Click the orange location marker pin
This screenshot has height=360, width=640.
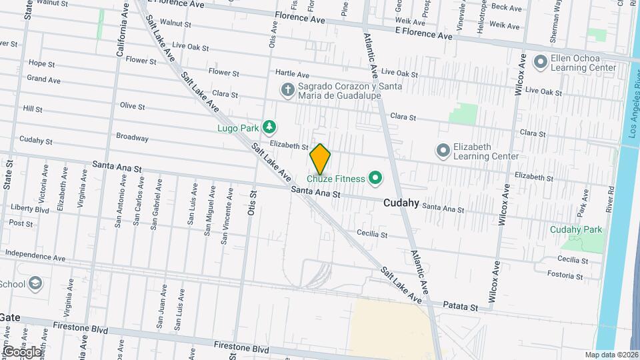tap(320, 159)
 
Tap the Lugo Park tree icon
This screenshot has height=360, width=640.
tap(269, 126)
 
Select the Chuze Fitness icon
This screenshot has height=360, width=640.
tap(375, 178)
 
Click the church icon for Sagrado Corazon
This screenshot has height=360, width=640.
tap(287, 89)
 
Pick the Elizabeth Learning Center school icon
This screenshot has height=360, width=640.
tap(443, 151)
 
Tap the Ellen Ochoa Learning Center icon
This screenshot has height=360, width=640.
tap(540, 63)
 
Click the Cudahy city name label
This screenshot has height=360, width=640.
tap(401, 203)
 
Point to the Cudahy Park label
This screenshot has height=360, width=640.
tap(576, 229)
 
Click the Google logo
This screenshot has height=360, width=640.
tap(21, 351)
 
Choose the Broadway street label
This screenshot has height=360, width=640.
tap(132, 137)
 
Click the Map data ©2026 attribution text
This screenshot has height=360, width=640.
tap(611, 355)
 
